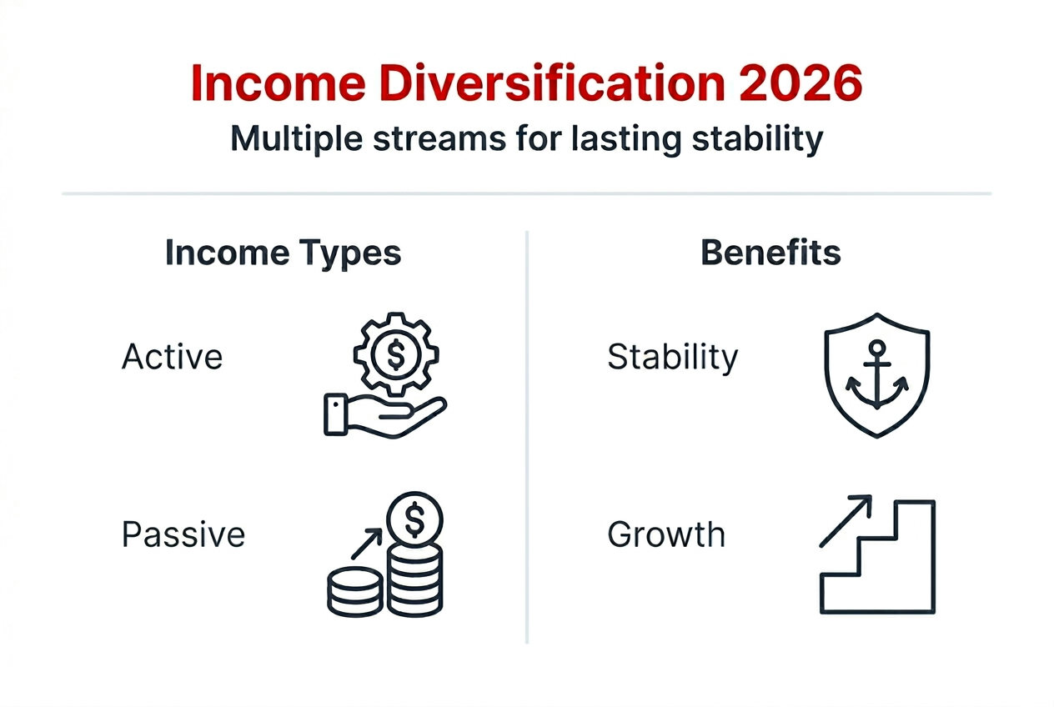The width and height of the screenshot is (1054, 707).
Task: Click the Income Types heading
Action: [x=283, y=253]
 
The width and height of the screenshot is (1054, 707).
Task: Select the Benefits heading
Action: [x=770, y=253]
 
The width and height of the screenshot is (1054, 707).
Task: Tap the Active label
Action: [x=173, y=357]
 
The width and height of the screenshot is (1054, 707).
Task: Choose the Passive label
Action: [x=183, y=534]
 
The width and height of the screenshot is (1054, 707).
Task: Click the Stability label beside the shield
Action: [x=672, y=357]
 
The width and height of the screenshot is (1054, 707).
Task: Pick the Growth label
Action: [x=666, y=534]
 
